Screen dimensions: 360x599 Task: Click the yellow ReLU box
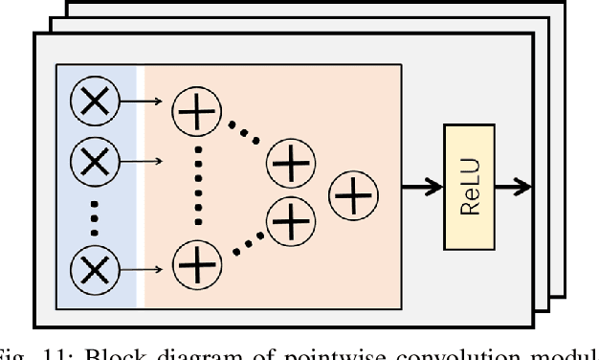[470, 187]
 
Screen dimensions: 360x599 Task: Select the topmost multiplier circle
[94, 101]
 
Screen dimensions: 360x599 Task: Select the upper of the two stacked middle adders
[291, 163]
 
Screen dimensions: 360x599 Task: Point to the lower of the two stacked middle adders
[291, 221]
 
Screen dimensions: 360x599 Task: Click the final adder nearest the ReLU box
[353, 197]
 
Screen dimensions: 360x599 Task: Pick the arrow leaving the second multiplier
[144, 161]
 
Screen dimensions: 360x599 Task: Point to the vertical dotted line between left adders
[196, 187]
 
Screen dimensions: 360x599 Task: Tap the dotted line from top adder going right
[243, 134]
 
